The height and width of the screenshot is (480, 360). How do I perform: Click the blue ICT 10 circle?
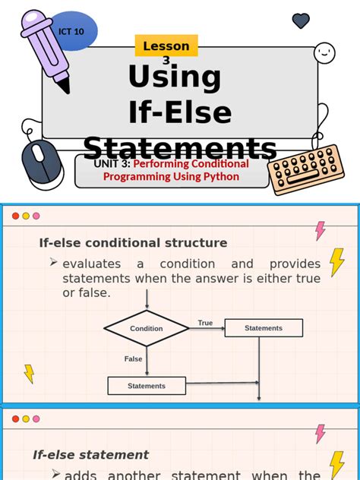(72, 31)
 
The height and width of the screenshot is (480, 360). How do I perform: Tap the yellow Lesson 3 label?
(166, 46)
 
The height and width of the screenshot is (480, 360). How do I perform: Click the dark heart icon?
(301, 21)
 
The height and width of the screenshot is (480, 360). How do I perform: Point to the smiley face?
(324, 52)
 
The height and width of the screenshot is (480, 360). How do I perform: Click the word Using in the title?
(175, 77)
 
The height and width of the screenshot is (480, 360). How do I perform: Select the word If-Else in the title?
(180, 112)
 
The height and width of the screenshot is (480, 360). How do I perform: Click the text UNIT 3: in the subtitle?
(112, 164)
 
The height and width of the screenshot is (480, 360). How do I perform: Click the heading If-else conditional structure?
(133, 243)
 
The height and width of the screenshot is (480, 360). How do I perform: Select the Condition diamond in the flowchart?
(147, 328)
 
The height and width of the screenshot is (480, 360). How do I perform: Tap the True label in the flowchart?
(205, 323)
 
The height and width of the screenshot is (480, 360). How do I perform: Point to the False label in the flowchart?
(134, 358)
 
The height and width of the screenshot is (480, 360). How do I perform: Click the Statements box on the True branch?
(264, 328)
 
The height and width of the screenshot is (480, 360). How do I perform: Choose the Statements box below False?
(147, 386)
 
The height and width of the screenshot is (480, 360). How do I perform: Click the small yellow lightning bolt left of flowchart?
(30, 374)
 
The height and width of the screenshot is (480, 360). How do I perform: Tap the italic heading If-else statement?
(90, 454)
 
